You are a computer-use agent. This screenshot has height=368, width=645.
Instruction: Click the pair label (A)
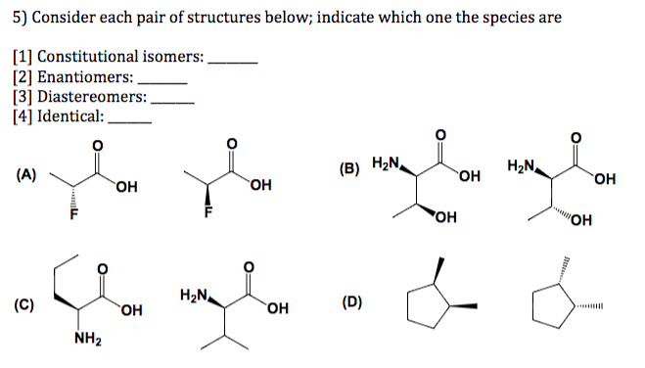[26, 176]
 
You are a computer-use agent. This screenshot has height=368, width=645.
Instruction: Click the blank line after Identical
[129, 120]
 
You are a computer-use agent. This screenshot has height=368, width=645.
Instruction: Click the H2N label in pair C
[196, 295]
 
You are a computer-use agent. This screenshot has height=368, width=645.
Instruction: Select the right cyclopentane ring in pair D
[550, 306]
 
